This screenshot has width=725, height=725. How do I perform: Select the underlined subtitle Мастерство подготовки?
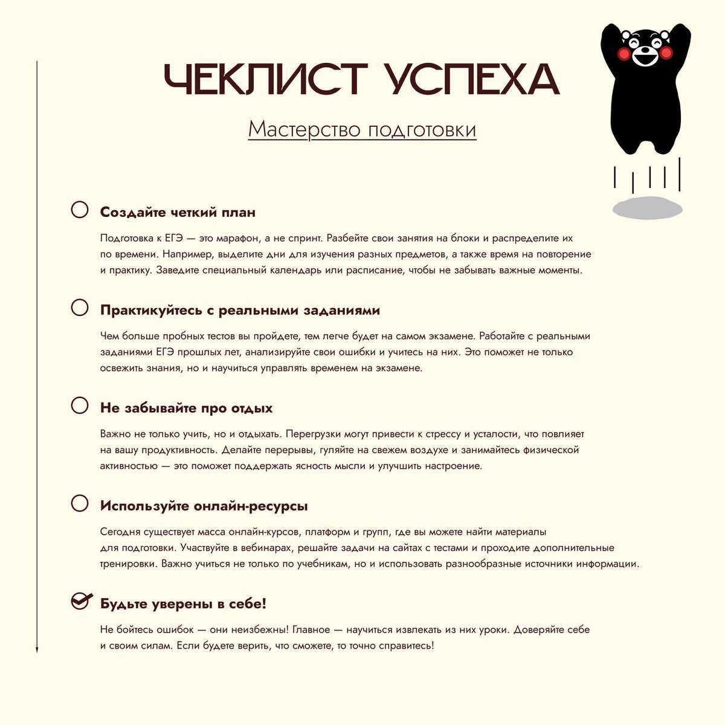362,129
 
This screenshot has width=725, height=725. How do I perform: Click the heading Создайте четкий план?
178,212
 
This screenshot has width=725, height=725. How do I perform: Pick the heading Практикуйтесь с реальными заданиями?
240,310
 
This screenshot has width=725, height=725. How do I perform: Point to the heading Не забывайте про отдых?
186,408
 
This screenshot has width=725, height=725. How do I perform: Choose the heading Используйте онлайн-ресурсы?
204,506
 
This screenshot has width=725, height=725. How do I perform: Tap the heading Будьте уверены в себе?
183,604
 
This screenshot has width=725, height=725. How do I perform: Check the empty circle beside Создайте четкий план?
80,210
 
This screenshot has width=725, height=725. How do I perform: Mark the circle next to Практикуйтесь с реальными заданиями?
80,308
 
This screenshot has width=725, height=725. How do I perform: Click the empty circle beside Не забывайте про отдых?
80,405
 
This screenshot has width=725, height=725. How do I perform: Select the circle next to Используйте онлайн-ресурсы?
80,503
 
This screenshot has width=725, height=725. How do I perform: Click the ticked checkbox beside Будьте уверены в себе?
81,601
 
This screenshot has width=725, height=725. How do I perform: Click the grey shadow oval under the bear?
647,208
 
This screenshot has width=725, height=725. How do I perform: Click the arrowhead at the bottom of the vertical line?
37,649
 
